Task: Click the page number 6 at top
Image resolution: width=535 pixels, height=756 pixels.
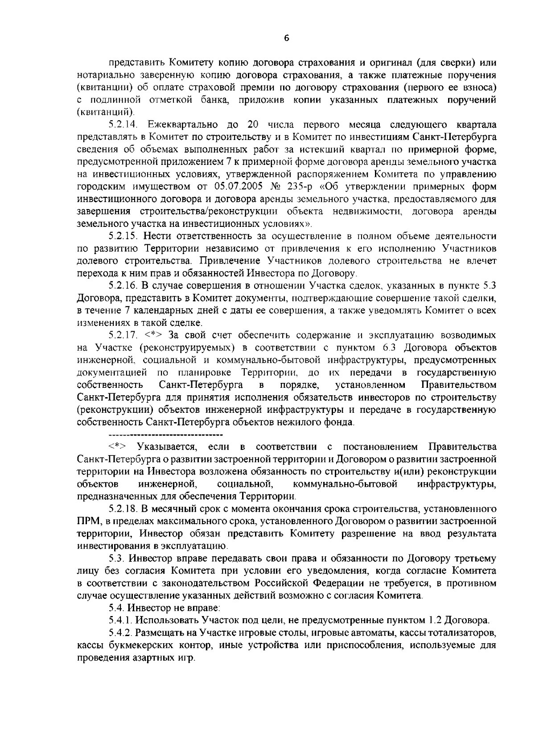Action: [x=287, y=39]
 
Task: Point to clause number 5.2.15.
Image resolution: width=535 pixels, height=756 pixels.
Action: [x=125, y=236]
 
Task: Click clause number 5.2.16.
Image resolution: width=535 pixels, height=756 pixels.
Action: [x=125, y=285]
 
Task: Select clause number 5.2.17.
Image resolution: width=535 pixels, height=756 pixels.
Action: [x=125, y=335]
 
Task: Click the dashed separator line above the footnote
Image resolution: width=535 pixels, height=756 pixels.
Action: [x=165, y=434]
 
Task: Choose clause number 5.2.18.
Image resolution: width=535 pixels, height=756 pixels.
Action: [x=125, y=509]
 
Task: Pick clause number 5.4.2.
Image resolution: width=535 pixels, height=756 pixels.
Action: [x=121, y=633]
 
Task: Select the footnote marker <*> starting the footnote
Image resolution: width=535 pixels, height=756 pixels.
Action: [x=117, y=447]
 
